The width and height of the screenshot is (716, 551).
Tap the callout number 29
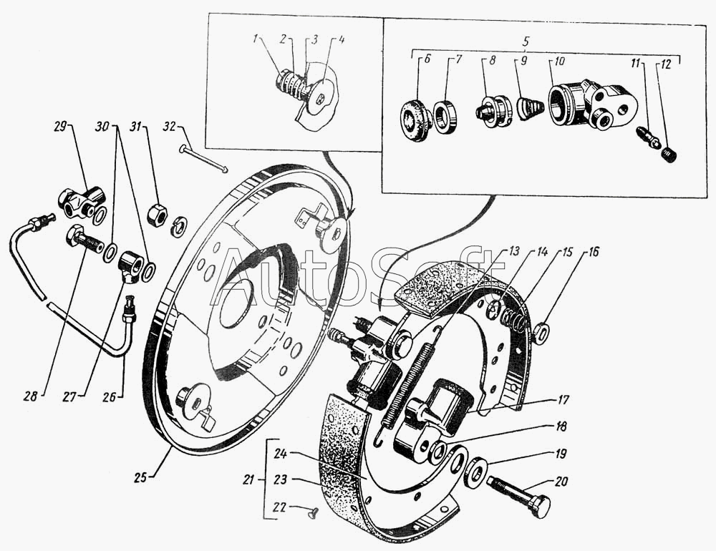click(x=61, y=126)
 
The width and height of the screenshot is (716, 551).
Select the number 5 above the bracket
click(x=526, y=41)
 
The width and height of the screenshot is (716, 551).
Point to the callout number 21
click(x=249, y=479)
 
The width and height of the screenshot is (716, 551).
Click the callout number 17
click(x=563, y=400)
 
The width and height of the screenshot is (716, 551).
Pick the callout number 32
click(x=170, y=126)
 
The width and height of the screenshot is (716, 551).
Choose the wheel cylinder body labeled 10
click(x=589, y=103)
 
